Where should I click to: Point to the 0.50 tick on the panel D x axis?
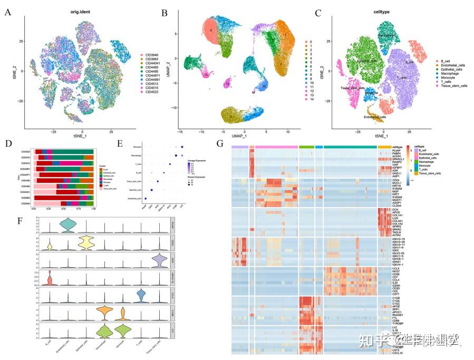point(63,209)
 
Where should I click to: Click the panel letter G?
point(220,143)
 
